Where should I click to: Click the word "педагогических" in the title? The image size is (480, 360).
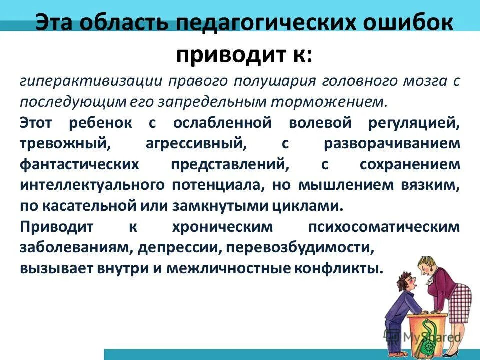255,24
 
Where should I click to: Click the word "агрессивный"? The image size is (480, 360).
196,144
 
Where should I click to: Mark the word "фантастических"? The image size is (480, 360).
77,164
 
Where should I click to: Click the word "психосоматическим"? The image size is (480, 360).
384,227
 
